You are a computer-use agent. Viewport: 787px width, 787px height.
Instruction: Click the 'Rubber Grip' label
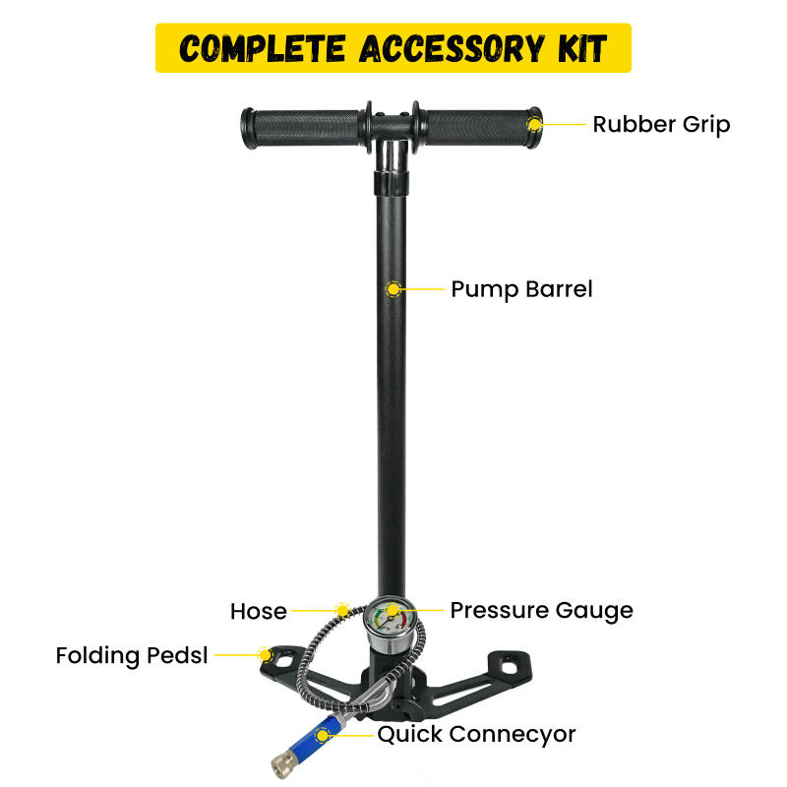[x=661, y=125]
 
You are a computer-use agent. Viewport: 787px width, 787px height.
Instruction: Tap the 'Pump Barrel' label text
[x=521, y=289]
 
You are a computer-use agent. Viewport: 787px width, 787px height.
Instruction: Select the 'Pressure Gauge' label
[x=541, y=610]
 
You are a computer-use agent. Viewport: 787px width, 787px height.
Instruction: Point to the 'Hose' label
[x=259, y=611]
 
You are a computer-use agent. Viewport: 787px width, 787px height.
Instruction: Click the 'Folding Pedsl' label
[x=132, y=655]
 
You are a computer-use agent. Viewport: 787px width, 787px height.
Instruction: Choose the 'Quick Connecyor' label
[x=476, y=734]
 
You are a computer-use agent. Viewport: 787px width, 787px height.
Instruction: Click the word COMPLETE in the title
[x=254, y=47]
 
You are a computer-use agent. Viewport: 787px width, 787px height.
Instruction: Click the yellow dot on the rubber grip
[x=534, y=124]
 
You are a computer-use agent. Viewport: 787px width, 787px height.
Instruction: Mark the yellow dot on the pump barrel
[x=393, y=289]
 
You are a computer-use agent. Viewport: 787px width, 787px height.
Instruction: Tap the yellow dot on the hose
[x=341, y=610]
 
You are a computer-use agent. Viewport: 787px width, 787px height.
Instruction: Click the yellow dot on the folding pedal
[x=264, y=654]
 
